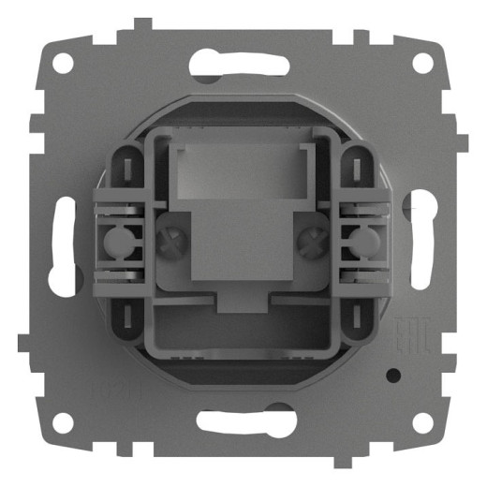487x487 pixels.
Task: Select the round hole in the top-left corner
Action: [63, 64]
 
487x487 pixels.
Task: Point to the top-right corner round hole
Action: [423, 64]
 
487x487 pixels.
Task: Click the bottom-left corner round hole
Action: [63, 422]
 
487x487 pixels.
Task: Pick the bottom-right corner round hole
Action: [423, 422]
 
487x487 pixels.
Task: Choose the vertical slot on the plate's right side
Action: [421, 243]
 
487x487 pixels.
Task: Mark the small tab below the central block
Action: [241, 303]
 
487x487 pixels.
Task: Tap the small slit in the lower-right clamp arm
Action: [357, 317]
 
